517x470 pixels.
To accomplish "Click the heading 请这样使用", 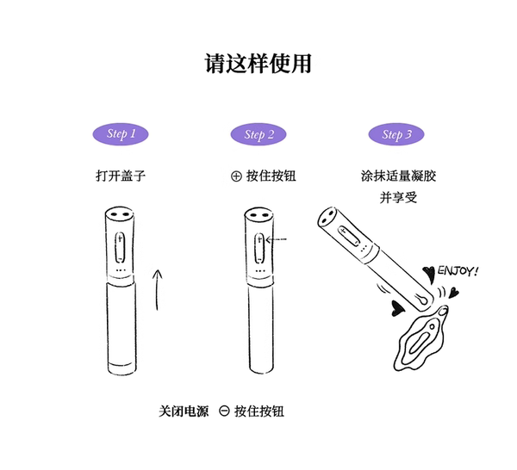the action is [x=258, y=63].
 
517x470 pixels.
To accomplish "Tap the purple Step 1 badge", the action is [x=121, y=134].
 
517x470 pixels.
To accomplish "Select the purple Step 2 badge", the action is [x=258, y=134].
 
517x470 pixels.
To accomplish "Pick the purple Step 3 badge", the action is [x=396, y=134].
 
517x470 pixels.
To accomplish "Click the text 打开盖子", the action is [x=121, y=176].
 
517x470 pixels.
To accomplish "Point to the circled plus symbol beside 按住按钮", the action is [x=236, y=176].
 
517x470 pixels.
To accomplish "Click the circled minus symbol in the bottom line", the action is [x=224, y=411].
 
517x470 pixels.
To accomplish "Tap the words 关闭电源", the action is [x=184, y=411].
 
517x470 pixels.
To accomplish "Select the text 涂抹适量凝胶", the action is [x=399, y=176].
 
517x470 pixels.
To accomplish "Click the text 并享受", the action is [x=399, y=197].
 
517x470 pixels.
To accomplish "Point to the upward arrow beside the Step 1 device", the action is [x=158, y=290].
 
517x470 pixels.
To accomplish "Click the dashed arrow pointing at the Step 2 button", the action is [x=277, y=239].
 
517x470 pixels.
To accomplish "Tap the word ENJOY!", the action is [x=458, y=271].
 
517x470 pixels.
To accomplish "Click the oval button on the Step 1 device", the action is [x=120, y=247].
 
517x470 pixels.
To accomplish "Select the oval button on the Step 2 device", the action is [x=259, y=248].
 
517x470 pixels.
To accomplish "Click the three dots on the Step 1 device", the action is [x=121, y=270].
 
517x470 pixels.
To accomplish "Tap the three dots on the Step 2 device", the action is [x=260, y=271].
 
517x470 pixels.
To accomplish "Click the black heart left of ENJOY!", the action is [x=429, y=274].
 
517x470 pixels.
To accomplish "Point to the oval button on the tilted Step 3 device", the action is [x=349, y=235].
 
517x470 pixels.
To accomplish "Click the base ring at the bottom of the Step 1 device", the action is [x=121, y=368].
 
